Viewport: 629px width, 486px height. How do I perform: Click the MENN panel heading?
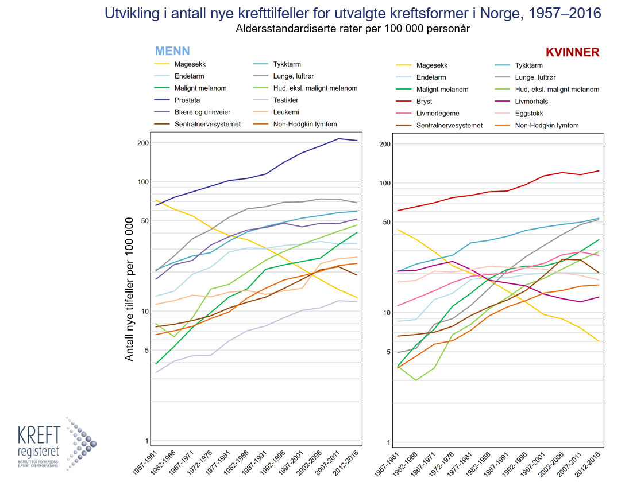[x=172, y=50]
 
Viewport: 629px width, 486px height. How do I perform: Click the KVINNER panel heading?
[x=572, y=52]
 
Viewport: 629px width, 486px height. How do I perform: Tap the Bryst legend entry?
[x=424, y=102]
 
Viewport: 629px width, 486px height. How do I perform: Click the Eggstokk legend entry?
[x=529, y=114]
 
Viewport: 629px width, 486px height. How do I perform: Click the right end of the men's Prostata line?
[x=357, y=141]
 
